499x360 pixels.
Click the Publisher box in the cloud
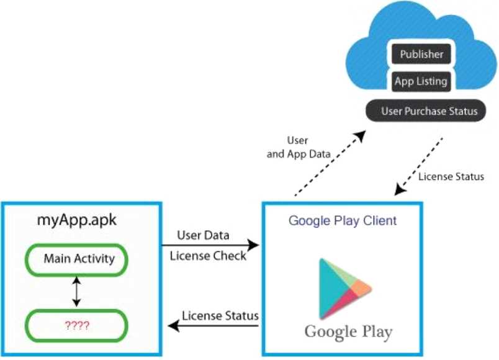[421, 55]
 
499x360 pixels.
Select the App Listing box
[421, 81]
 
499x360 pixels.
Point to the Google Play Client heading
[343, 220]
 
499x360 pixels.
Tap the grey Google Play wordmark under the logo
[348, 331]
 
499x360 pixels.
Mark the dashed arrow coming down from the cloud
[419, 164]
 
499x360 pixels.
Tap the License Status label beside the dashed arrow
[451, 177]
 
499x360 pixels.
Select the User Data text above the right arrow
[203, 235]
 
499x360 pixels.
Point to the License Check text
[208, 256]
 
